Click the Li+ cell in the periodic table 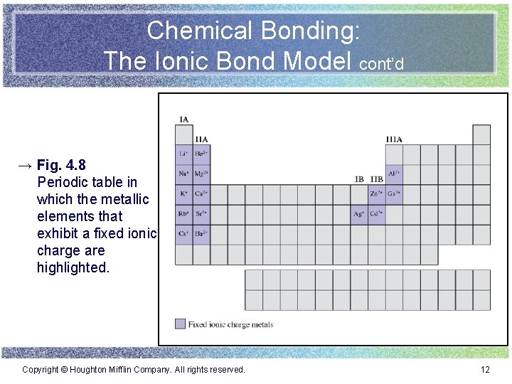pos(183,154)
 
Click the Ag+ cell pos(359,214)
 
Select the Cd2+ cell pos(377,214)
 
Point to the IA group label pos(184,119)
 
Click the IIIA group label pos(394,139)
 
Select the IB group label pos(360,179)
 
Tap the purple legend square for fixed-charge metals pos(180,324)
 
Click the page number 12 pos(485,370)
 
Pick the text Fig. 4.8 pos(61,166)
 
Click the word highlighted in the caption pos(73,267)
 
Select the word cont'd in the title pos(382,65)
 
